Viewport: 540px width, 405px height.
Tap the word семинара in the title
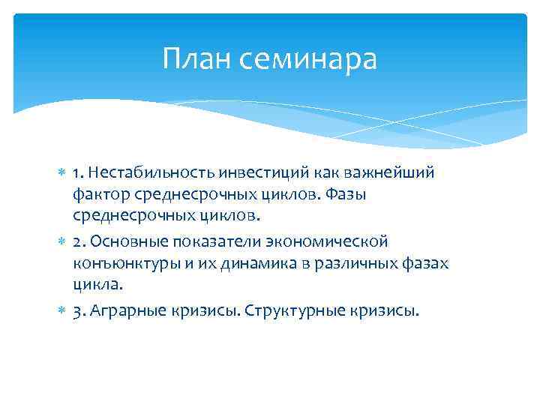click(x=310, y=59)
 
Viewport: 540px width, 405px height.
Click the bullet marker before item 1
click(x=62, y=174)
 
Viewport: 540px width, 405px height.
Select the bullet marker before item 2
click(x=62, y=242)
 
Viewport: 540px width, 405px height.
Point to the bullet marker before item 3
click(x=62, y=311)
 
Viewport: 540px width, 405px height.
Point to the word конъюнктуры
click(x=118, y=264)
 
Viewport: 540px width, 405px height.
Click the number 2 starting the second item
click(x=77, y=242)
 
